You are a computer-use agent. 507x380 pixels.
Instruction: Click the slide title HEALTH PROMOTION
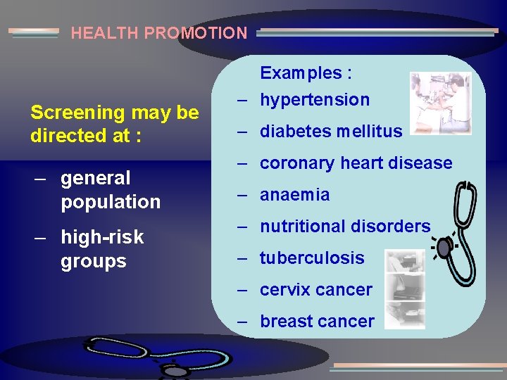(x=159, y=33)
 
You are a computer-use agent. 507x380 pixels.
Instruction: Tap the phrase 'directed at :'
(x=86, y=136)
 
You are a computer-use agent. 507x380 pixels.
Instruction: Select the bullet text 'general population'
(x=111, y=190)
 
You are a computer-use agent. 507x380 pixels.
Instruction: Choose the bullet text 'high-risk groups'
(x=102, y=249)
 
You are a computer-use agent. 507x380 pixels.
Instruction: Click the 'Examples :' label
(x=306, y=73)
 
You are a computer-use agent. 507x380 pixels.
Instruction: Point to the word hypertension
(x=315, y=100)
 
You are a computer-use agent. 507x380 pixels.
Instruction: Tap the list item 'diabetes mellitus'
(x=331, y=132)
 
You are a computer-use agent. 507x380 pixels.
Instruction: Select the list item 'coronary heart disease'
(x=356, y=163)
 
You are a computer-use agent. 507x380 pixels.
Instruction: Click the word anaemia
(x=294, y=195)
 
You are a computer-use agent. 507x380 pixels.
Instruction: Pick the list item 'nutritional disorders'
(x=345, y=227)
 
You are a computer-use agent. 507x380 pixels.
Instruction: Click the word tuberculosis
(x=312, y=258)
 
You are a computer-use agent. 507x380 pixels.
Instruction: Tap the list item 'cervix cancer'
(x=316, y=290)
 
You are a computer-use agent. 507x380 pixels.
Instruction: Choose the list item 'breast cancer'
(x=317, y=322)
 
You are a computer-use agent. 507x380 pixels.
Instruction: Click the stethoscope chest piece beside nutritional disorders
(x=443, y=248)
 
